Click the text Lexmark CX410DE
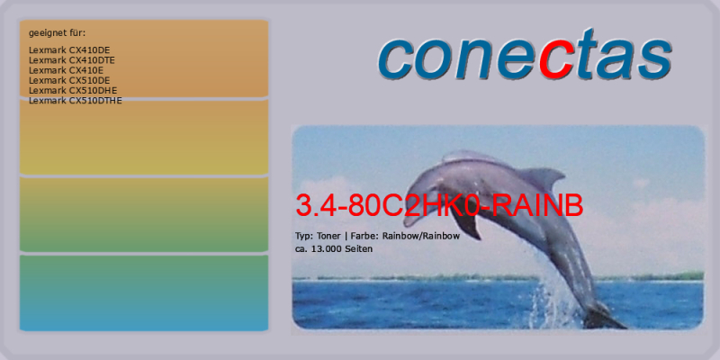point(69,50)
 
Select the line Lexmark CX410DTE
point(72,60)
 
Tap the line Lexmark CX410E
point(66,70)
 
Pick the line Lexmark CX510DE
point(69,80)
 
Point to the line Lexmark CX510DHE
point(73,91)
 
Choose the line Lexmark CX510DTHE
point(76,101)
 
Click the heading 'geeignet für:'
point(58,33)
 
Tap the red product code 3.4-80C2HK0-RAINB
point(439,205)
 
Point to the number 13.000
point(328,249)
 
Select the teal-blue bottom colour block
point(144,293)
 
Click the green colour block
point(144,214)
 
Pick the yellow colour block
point(144,137)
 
